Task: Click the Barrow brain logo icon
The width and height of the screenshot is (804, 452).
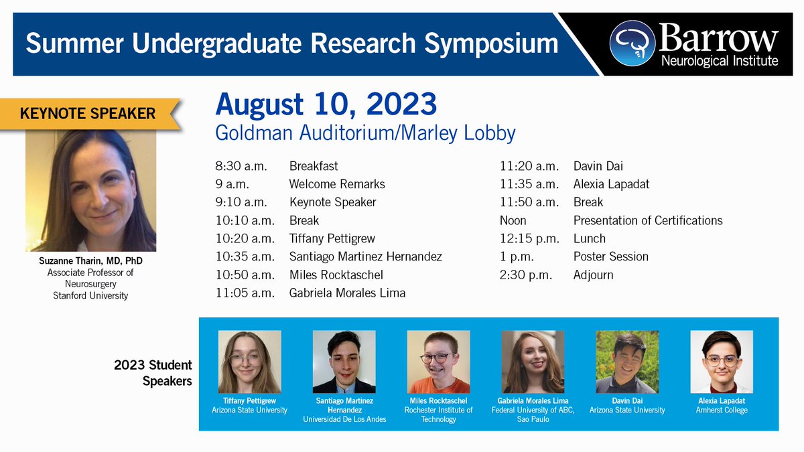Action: [x=631, y=43]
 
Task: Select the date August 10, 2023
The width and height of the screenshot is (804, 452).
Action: [x=326, y=104]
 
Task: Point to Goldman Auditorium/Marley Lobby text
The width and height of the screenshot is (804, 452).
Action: [x=365, y=133]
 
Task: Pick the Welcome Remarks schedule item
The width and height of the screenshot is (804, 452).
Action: [x=336, y=184]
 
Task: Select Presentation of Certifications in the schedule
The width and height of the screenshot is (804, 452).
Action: [x=647, y=220]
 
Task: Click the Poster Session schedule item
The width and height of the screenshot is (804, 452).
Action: [x=610, y=256]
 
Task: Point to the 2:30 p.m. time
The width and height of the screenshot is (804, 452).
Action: [x=529, y=275]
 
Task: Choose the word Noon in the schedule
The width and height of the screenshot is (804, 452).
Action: [x=513, y=220]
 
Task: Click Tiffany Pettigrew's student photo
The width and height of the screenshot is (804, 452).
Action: [x=249, y=362]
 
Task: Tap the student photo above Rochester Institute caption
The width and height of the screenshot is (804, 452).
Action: [x=438, y=362]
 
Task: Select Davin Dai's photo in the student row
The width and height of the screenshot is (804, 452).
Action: [x=626, y=362]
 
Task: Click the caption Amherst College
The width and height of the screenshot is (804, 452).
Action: [x=721, y=410]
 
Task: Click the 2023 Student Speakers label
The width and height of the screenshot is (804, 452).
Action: [x=153, y=373]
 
